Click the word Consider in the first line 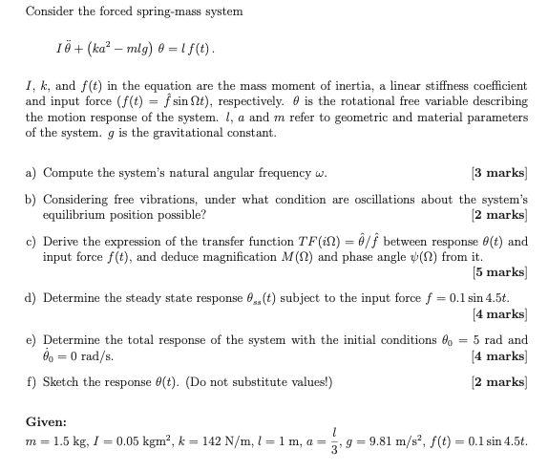click(x=49, y=11)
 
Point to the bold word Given click(x=47, y=420)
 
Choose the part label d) click(x=32, y=297)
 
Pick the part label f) click(x=31, y=382)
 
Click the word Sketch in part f click(x=65, y=382)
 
